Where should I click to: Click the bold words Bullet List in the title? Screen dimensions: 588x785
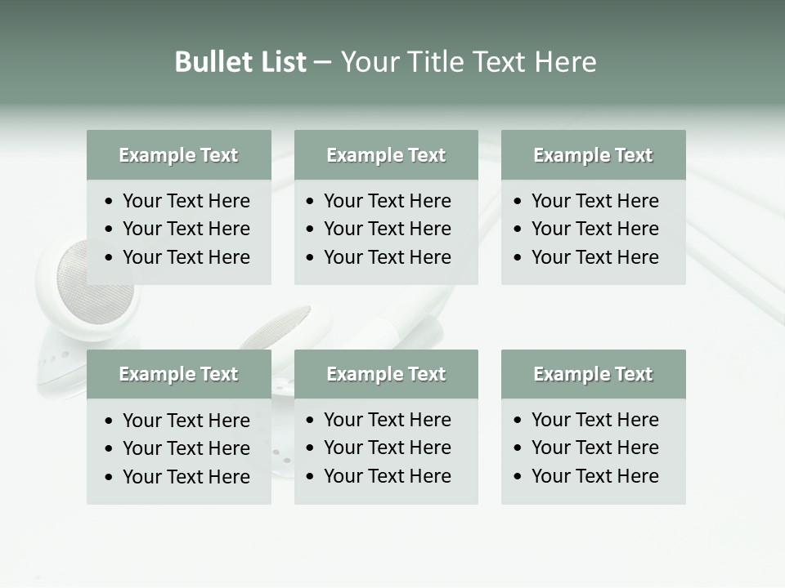(240, 62)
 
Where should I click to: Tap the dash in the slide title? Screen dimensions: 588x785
(323, 62)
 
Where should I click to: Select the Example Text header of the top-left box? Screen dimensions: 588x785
(178, 155)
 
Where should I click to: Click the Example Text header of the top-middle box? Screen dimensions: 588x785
(386, 155)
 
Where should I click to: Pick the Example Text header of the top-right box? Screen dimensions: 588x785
(593, 155)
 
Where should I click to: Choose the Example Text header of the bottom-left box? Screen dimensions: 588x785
(178, 374)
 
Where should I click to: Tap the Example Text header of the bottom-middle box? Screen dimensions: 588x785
(386, 374)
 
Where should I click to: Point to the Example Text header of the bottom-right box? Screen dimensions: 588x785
(593, 374)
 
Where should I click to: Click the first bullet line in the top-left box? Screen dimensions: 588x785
(186, 201)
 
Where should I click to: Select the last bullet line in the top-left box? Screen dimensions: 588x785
(186, 257)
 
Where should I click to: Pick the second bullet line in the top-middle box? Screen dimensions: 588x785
(387, 229)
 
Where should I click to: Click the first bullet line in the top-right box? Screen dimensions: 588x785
(594, 201)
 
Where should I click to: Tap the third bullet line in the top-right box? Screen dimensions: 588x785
(594, 257)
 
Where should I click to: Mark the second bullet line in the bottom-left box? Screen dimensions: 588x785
(186, 448)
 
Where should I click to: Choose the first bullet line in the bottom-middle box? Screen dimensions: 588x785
(387, 420)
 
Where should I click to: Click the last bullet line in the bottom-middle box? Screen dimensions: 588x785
(387, 476)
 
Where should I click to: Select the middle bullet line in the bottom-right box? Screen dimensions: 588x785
(594, 448)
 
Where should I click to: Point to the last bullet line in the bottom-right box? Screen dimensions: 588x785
(594, 476)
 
